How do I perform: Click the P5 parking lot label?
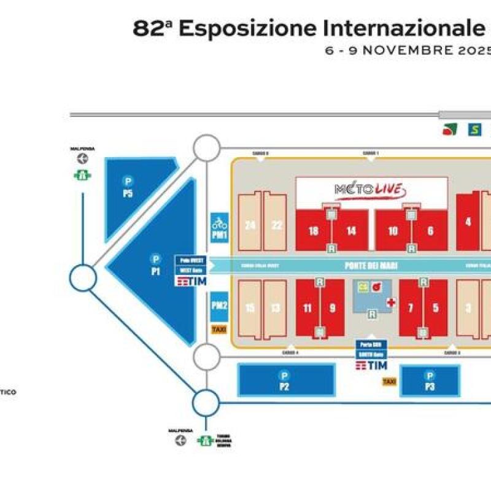tap(128, 193)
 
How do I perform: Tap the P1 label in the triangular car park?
tap(156, 270)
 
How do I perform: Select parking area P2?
tap(284, 386)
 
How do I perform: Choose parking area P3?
tap(430, 386)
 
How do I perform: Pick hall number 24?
tap(250, 225)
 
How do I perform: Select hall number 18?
tap(314, 231)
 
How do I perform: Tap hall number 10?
tap(393, 231)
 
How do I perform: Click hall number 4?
tap(468, 222)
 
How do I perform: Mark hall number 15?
tap(250, 307)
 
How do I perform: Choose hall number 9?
tap(333, 308)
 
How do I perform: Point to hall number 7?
tap(411, 308)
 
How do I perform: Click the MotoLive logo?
tap(371, 190)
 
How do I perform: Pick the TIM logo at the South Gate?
tap(371, 366)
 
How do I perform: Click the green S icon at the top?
tap(474, 130)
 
